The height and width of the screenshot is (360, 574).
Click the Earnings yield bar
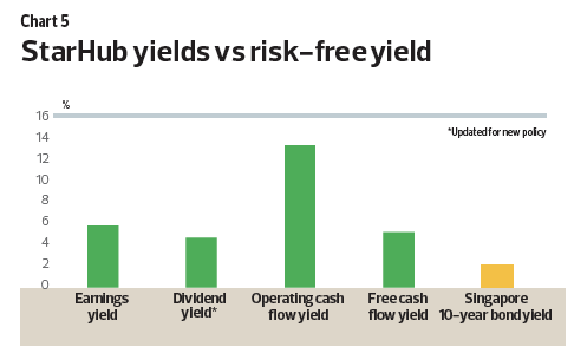(x=103, y=257)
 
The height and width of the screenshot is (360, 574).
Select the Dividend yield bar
(x=201, y=263)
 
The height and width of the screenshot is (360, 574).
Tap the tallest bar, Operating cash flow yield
(x=300, y=216)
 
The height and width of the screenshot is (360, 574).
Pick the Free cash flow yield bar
(x=399, y=260)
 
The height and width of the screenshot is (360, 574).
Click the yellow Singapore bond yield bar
(x=497, y=276)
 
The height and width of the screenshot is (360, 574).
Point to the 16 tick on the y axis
(x=43, y=116)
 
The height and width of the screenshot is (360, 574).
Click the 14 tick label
(x=43, y=137)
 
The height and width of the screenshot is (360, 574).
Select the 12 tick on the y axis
(x=43, y=158)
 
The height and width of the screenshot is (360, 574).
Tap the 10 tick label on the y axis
(x=43, y=179)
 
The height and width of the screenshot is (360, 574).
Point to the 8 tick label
(x=45, y=199)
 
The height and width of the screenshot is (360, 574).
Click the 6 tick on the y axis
(x=45, y=221)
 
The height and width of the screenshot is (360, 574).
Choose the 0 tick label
(x=45, y=284)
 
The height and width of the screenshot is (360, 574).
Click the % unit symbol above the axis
(x=66, y=104)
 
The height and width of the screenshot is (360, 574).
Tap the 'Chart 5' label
(x=45, y=21)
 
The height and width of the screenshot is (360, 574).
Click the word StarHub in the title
(x=74, y=51)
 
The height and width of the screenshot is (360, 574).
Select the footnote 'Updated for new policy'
(x=497, y=132)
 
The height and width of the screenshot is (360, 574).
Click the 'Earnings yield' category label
(x=102, y=306)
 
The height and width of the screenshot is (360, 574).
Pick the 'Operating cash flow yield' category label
(x=298, y=306)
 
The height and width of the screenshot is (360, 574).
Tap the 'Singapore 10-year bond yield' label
(x=495, y=306)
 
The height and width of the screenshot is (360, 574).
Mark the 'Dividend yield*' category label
(x=200, y=306)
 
